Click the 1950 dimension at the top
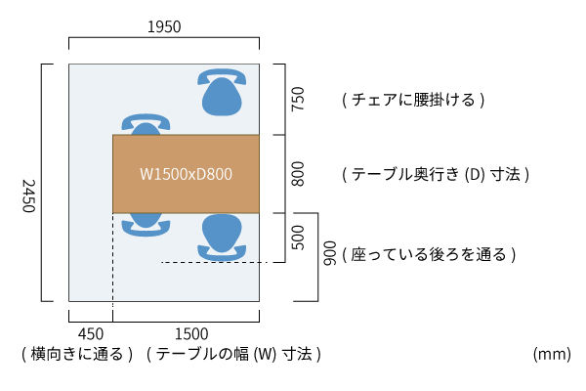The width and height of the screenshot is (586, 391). [164, 27]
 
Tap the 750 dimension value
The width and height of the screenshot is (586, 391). [298, 99]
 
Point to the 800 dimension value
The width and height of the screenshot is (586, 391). [298, 174]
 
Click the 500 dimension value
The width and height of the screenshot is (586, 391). [298, 238]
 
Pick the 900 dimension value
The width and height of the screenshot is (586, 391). [330, 255]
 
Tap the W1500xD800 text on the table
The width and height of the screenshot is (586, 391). [186, 174]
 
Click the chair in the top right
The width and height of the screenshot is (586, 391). [223, 92]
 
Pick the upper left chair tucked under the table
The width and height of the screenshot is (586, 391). [146, 124]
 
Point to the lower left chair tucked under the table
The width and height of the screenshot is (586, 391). [146, 224]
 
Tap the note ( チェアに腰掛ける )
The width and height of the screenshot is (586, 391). [413, 100]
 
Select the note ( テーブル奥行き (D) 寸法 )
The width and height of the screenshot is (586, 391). [436, 175]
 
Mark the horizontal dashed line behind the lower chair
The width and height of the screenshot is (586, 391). [209, 262]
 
